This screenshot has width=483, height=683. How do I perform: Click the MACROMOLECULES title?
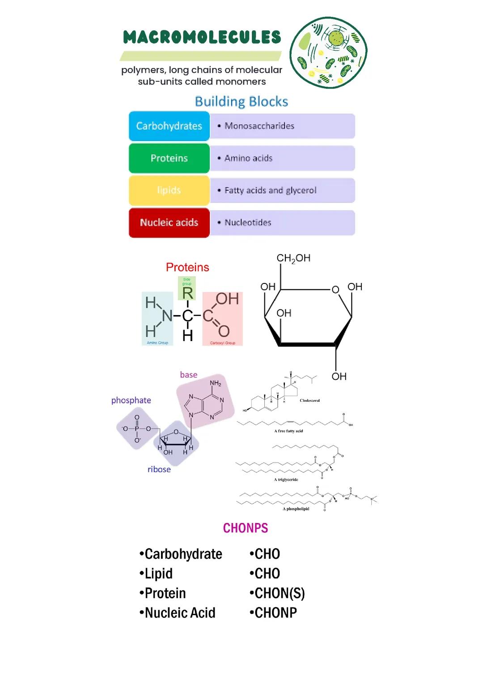pyautogui.click(x=202, y=38)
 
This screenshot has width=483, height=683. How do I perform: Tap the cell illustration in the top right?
pyautogui.click(x=328, y=53)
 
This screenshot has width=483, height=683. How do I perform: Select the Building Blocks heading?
pyautogui.click(x=241, y=101)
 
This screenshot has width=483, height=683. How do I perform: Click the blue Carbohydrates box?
pyautogui.click(x=169, y=126)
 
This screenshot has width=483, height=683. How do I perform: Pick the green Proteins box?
pyautogui.click(x=169, y=158)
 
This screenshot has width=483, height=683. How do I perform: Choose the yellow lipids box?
pyautogui.click(x=169, y=190)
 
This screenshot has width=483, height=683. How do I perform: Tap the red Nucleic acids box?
pyautogui.click(x=169, y=223)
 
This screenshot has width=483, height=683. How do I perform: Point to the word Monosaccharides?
pyautogui.click(x=259, y=126)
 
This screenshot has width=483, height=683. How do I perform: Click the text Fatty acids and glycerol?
pyautogui.click(x=270, y=190)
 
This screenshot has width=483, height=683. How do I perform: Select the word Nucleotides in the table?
pyautogui.click(x=248, y=223)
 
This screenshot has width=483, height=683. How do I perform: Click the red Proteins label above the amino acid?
pyautogui.click(x=187, y=267)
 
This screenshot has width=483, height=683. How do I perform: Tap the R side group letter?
pyautogui.click(x=187, y=293)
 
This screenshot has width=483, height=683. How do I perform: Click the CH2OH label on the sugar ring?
pyautogui.click(x=293, y=258)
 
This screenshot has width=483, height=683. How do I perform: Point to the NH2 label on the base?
pyautogui.click(x=216, y=384)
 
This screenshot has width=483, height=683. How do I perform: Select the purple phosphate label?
pyautogui.click(x=131, y=401)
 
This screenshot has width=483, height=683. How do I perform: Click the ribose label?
pyautogui.click(x=159, y=469)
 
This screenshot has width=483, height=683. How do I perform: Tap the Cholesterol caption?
pyautogui.click(x=309, y=401)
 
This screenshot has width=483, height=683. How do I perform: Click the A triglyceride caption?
pyautogui.click(x=286, y=480)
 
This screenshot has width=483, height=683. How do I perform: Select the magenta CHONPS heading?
pyautogui.click(x=246, y=528)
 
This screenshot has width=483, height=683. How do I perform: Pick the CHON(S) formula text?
pyautogui.click(x=277, y=594)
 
